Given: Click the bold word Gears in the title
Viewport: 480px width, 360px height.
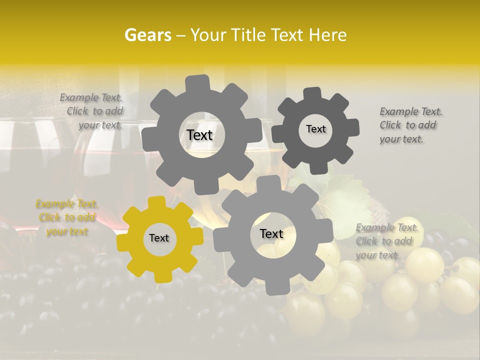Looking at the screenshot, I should (146, 35).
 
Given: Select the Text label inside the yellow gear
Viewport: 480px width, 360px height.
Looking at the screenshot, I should (159, 238).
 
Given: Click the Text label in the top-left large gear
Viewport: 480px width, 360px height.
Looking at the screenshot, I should (199, 135).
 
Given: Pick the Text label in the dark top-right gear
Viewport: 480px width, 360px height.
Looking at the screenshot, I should (315, 129).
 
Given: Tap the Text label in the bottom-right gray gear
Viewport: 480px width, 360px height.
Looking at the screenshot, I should (271, 233).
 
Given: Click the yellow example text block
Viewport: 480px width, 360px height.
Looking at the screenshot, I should (67, 218).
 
